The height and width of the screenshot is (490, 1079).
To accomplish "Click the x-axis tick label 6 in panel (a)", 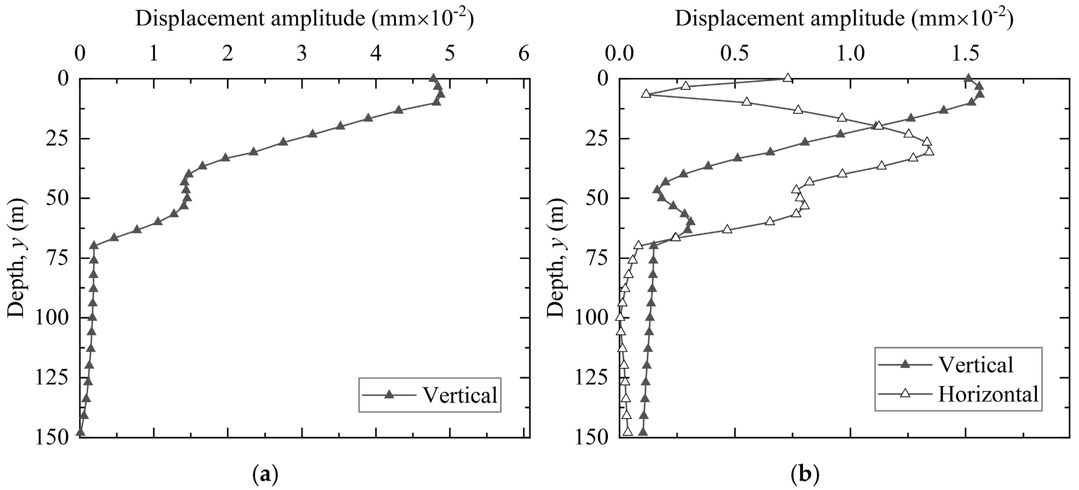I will (x=523, y=55).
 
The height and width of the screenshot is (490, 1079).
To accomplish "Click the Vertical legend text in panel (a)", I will (x=460, y=395).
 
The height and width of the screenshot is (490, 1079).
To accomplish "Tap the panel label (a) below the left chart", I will (x=265, y=475).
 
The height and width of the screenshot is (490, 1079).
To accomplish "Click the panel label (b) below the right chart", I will (x=805, y=475).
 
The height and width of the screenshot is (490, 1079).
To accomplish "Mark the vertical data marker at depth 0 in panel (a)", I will (x=433, y=78).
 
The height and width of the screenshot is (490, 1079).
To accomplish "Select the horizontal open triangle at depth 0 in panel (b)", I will (x=788, y=78).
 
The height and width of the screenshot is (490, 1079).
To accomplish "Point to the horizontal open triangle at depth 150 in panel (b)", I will (x=627, y=431).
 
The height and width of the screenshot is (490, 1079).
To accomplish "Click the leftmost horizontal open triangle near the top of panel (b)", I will (x=646, y=94).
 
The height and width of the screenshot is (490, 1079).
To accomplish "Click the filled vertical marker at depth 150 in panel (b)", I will (x=643, y=432).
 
